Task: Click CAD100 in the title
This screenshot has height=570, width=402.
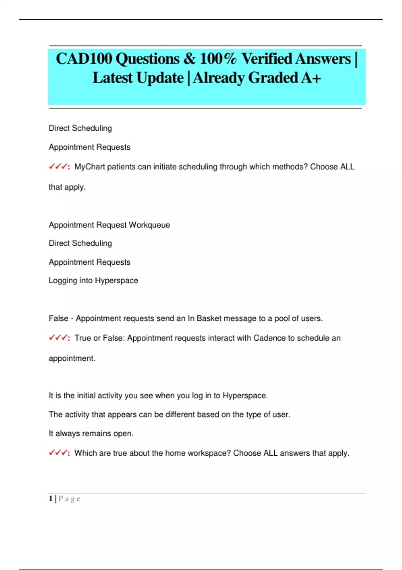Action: pyautogui.click(x=84, y=59)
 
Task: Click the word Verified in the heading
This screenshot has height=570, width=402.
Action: pyautogui.click(x=267, y=59)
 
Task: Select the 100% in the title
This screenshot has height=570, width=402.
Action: pyautogui.click(x=218, y=59)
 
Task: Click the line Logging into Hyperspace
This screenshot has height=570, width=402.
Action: pyautogui.click(x=93, y=280)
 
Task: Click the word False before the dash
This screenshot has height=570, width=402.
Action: pyautogui.click(x=58, y=318)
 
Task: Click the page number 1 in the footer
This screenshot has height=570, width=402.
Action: pyautogui.click(x=51, y=499)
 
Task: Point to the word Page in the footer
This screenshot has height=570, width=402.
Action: pyautogui.click(x=69, y=499)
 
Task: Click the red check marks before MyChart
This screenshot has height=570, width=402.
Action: pyautogui.click(x=58, y=167)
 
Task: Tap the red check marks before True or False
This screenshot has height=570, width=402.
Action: pyautogui.click(x=58, y=338)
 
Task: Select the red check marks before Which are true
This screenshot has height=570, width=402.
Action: pyautogui.click(x=58, y=453)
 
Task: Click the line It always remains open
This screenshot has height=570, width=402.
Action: pyautogui.click(x=91, y=434)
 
